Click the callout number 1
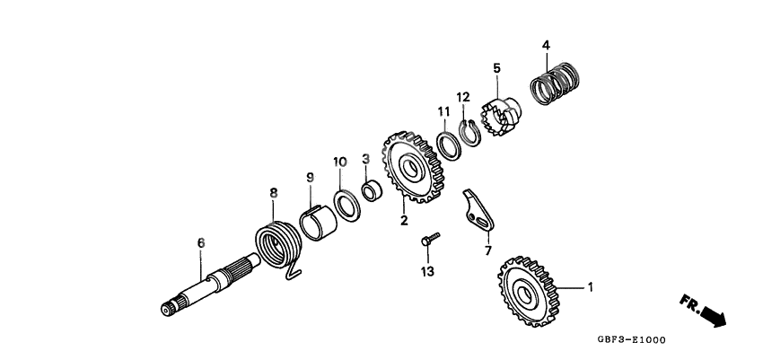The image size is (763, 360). [591, 288]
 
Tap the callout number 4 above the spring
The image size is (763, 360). [546, 45]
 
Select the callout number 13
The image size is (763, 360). [426, 271]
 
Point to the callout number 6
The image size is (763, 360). [201, 242]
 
